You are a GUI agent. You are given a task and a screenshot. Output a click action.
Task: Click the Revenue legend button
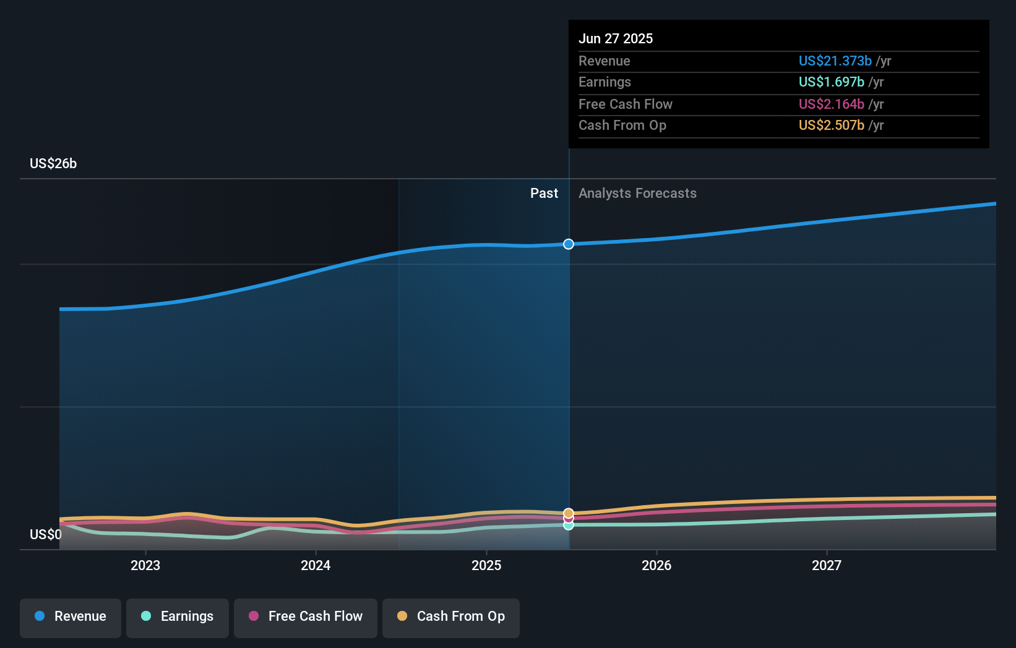pos(71,616)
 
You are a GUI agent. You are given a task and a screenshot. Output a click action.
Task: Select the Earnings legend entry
pos(178,616)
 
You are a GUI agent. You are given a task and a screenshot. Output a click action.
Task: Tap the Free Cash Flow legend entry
pos(306,616)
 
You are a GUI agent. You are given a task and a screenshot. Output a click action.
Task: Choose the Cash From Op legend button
pos(451,616)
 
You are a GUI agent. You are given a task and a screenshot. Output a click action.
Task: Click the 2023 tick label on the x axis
pos(145,565)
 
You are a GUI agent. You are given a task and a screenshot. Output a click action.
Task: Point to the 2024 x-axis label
pos(316,565)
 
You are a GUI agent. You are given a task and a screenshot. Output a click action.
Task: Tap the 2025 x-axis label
pos(486,565)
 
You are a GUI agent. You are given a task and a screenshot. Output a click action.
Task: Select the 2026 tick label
pos(657,565)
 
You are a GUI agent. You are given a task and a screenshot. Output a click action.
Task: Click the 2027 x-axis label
pos(827,565)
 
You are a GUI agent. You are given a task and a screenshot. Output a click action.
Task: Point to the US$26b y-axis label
pos(53,163)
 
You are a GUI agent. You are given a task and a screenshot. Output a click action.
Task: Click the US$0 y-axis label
pos(46,534)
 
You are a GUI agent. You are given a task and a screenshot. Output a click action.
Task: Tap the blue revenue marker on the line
pos(569,244)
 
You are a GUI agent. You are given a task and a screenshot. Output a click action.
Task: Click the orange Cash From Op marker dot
pos(569,513)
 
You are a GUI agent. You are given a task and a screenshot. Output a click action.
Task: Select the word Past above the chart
pos(544,194)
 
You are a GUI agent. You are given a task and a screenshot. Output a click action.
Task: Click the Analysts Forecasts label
pos(637,194)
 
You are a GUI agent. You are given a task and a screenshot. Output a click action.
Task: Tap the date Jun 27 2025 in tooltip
pos(616,38)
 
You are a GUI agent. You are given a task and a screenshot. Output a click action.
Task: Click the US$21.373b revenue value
pos(835,61)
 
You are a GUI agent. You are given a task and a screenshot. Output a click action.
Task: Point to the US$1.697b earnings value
pos(831,82)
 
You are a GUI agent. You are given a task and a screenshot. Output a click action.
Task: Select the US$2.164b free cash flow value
pos(831,104)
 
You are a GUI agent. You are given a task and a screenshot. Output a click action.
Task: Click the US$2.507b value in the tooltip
pos(831,126)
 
